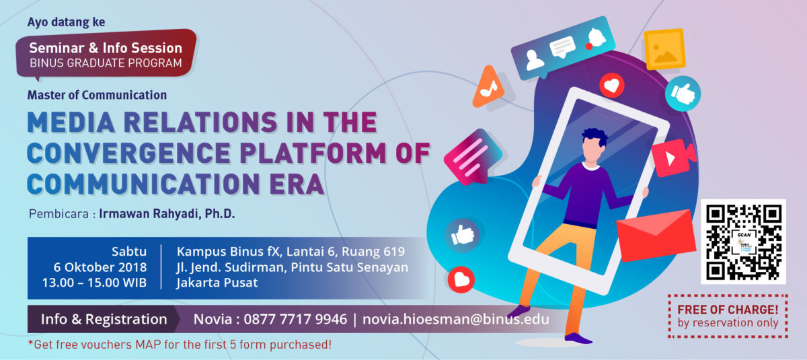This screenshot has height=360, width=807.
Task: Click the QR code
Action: pyautogui.click(x=743, y=242)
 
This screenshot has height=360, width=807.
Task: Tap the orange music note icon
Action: pyautogui.click(x=488, y=87)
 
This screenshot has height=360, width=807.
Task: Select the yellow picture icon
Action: pyautogui.click(x=664, y=49)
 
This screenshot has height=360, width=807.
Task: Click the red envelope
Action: pyautogui.click(x=656, y=235)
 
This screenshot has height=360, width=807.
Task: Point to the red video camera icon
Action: pyautogui.click(x=673, y=158)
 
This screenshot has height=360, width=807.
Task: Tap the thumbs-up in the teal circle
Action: pyautogui.click(x=683, y=94)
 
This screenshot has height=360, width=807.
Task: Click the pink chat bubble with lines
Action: pyautogui.click(x=473, y=157)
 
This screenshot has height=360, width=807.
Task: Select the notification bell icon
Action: pyautogui.click(x=596, y=38)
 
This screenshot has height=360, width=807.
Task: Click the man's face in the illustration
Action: pyautogui.click(x=592, y=149)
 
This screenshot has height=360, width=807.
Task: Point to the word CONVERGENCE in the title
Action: pyautogui.click(x=128, y=153)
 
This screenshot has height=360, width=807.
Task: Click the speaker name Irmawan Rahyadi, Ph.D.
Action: pyautogui.click(x=167, y=214)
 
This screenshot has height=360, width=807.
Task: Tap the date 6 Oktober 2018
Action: pyautogui.click(x=100, y=267)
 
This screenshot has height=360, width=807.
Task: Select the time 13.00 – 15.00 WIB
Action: pyautogui.click(x=94, y=283)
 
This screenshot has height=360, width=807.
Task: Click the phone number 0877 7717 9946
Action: pyautogui.click(x=295, y=319)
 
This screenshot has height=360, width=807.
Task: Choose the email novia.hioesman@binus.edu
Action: pyautogui.click(x=456, y=319)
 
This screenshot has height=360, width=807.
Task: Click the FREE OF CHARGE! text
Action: pyautogui.click(x=728, y=310)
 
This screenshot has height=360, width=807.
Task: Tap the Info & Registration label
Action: pyautogui.click(x=104, y=319)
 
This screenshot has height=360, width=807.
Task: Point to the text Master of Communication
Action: pyautogui.click(x=97, y=95)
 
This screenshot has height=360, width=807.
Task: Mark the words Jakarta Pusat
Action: pyautogui.click(x=217, y=283)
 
